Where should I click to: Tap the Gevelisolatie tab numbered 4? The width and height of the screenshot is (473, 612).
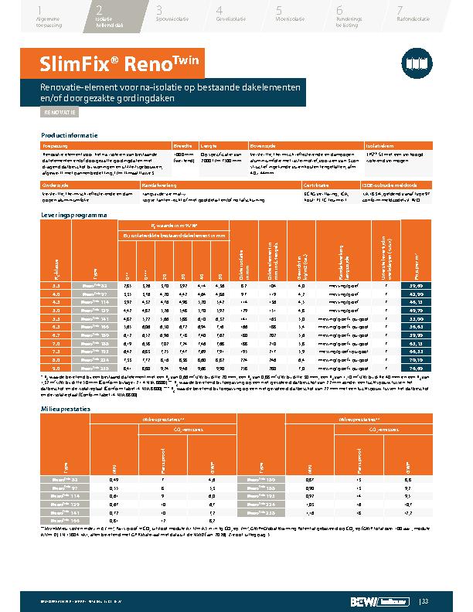point(232,15)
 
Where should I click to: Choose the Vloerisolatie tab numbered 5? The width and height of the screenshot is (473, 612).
point(291,15)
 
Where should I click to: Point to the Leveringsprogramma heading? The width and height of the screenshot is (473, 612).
point(73,214)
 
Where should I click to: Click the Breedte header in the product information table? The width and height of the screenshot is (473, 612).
point(182,145)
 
